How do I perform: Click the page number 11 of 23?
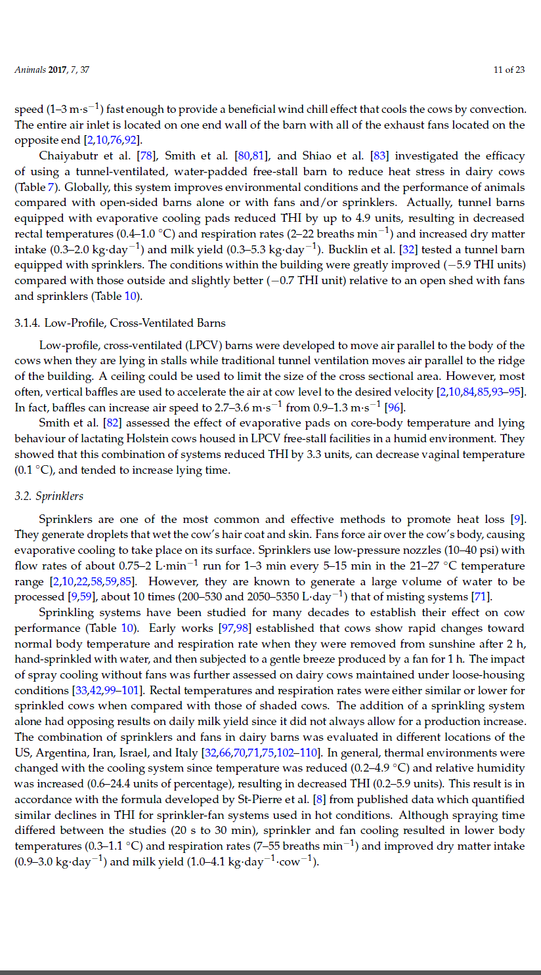click(509, 70)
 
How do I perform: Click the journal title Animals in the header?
click(30, 70)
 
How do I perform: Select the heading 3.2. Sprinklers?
click(49, 495)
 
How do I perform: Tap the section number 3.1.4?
click(27, 323)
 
